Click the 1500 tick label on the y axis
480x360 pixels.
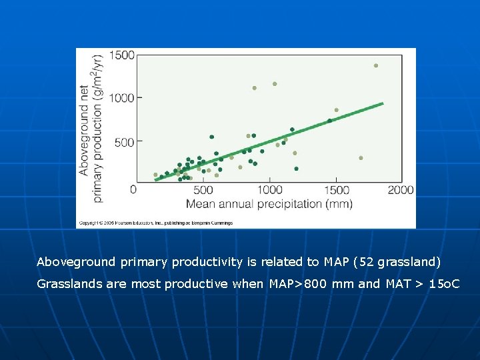pyautogui.click(x=121, y=55)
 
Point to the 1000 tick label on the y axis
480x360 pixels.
pyautogui.click(x=121, y=98)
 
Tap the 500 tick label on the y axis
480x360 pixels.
pyautogui.click(x=124, y=141)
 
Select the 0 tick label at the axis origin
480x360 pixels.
pyautogui.click(x=133, y=190)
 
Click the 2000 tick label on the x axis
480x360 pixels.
pyautogui.click(x=401, y=191)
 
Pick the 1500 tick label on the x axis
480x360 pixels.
pyautogui.click(x=336, y=191)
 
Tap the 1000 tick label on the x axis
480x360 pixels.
pyautogui.click(x=269, y=191)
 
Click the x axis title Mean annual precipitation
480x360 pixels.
pyautogui.click(x=269, y=203)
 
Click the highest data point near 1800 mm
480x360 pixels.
pyautogui.click(x=376, y=65)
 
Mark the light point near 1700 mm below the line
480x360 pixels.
pyautogui.click(x=361, y=158)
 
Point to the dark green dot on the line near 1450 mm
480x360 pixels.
pyautogui.click(x=329, y=121)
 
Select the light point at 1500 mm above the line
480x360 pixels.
pyautogui.click(x=337, y=110)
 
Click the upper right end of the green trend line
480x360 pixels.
pyautogui.click(x=383, y=103)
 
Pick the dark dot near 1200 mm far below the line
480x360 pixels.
pyautogui.click(x=296, y=169)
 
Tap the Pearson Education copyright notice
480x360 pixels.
pyautogui.click(x=155, y=223)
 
